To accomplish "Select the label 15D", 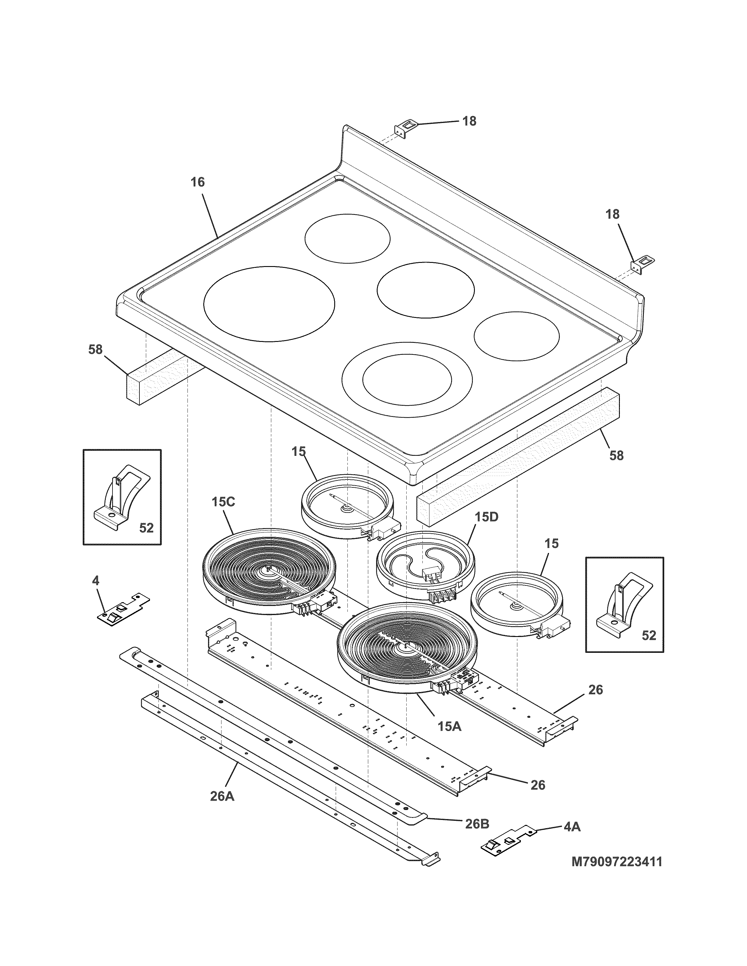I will click(486, 517).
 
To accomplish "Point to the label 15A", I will click(449, 726).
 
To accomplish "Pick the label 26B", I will click(477, 823).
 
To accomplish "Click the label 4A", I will click(572, 826).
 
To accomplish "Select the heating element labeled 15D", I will click(425, 566).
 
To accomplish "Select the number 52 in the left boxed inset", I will click(146, 528).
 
